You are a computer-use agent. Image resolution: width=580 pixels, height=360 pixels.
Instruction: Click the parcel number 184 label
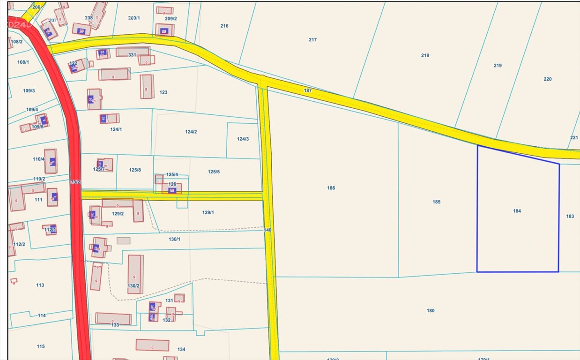point(517,211)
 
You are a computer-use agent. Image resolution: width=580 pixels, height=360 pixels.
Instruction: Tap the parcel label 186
point(331,188)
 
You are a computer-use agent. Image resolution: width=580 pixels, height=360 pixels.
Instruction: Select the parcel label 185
point(436,202)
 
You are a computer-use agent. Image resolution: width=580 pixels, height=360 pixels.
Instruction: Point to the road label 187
point(307,90)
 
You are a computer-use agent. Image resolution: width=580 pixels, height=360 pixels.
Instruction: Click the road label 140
point(268,230)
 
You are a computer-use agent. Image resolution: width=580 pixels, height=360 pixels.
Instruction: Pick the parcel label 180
point(430,310)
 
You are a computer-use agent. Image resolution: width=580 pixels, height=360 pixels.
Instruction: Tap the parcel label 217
point(312,40)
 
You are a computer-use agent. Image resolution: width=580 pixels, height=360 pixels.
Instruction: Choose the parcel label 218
point(425,55)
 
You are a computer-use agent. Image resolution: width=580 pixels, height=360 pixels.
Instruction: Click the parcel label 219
point(498,66)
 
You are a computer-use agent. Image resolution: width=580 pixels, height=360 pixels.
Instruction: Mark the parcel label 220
point(547,79)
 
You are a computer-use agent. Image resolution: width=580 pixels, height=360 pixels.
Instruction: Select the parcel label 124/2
point(191,132)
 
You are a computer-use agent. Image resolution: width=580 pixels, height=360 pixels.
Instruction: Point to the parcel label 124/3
point(243,139)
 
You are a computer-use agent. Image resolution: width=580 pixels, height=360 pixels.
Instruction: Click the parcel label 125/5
point(214,172)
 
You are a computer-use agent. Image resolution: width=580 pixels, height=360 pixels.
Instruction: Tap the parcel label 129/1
point(208,212)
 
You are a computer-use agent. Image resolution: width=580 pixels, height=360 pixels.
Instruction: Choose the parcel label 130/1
point(174,239)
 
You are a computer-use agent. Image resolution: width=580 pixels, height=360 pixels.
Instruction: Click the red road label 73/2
point(75,182)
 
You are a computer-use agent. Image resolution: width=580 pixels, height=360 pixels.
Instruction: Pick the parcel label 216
point(224,26)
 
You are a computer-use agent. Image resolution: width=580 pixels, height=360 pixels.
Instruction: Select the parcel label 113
point(40,285)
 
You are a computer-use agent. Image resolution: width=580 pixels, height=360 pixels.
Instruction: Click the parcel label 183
point(570,216)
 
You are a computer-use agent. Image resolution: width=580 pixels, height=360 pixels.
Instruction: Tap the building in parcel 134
point(152,345)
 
